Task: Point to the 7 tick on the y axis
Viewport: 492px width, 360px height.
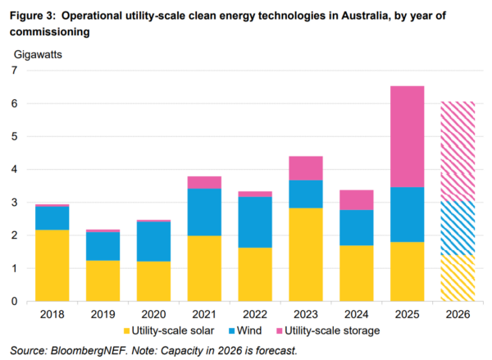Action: click(14, 71)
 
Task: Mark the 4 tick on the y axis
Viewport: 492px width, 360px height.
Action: click(14, 170)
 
